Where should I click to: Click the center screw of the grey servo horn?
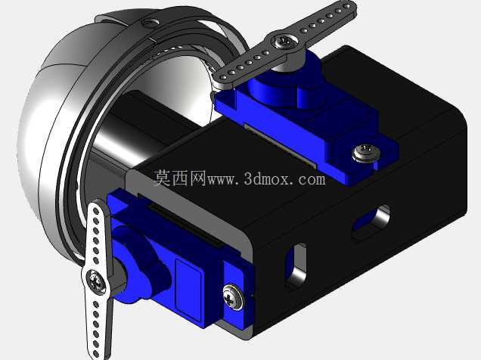[x=284, y=41]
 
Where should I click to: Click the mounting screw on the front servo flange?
[x=232, y=296]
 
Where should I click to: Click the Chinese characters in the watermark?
[x=180, y=178]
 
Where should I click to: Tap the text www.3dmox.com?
[x=266, y=178]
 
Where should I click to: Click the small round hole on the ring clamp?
[x=151, y=22]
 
